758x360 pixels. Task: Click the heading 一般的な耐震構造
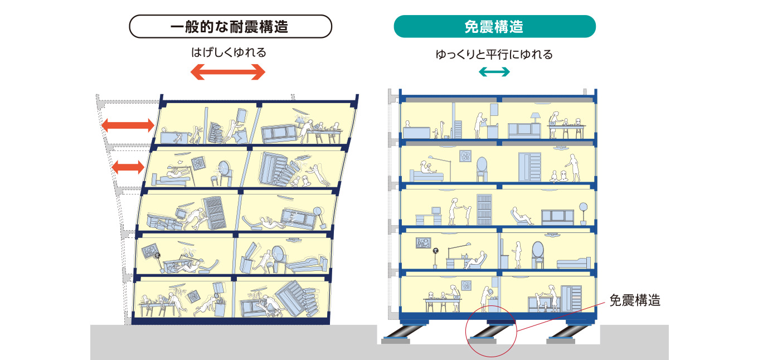pos(230,26)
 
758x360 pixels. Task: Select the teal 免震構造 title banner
pos(494,26)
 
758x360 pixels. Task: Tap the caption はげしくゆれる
pos(229,53)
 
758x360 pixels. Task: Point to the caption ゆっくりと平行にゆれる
pos(494,55)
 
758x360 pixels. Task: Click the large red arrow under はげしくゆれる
pos(228,72)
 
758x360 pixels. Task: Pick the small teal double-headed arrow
pos(494,72)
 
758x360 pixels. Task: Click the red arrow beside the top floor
pos(128,125)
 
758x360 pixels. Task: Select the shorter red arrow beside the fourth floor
pos(128,167)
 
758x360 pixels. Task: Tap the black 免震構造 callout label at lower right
pos(635,300)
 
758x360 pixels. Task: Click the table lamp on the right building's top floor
pos(535,118)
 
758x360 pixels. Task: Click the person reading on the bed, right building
pos(426,168)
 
